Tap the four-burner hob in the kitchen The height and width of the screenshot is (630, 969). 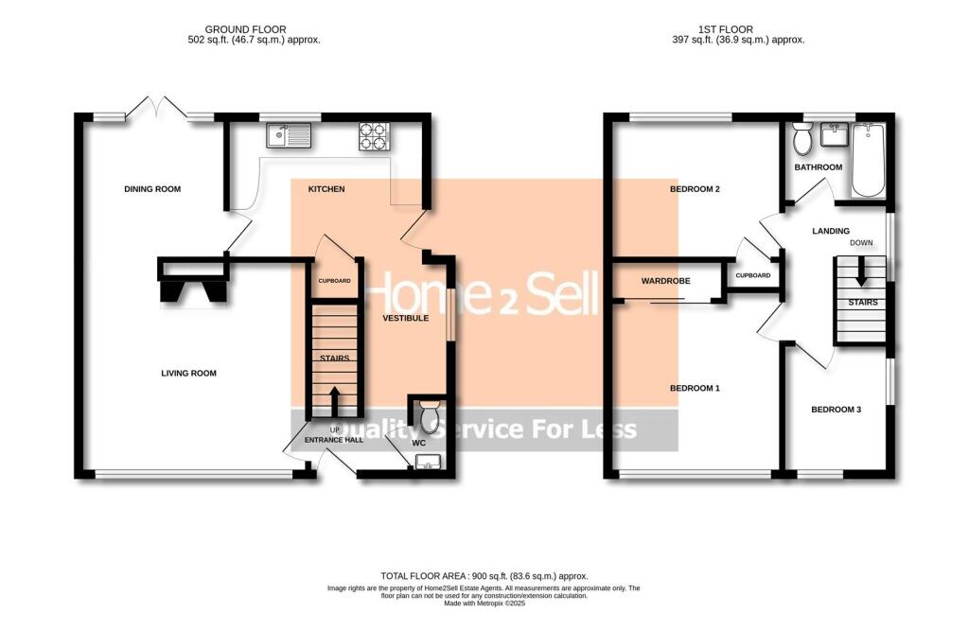[372, 137]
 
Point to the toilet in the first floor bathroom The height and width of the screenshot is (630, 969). [803, 141]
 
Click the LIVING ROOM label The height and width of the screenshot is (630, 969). [188, 374]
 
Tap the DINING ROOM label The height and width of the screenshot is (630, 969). [152, 189]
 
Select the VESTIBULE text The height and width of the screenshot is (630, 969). [406, 319]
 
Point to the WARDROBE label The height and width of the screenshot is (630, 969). [665, 281]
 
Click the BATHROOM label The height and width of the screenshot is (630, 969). [818, 167]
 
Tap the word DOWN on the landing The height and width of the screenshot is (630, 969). [861, 243]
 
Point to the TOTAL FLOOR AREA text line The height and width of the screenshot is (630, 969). [484, 576]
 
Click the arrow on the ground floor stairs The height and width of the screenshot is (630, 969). [333, 398]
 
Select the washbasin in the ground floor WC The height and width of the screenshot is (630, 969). [427, 462]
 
